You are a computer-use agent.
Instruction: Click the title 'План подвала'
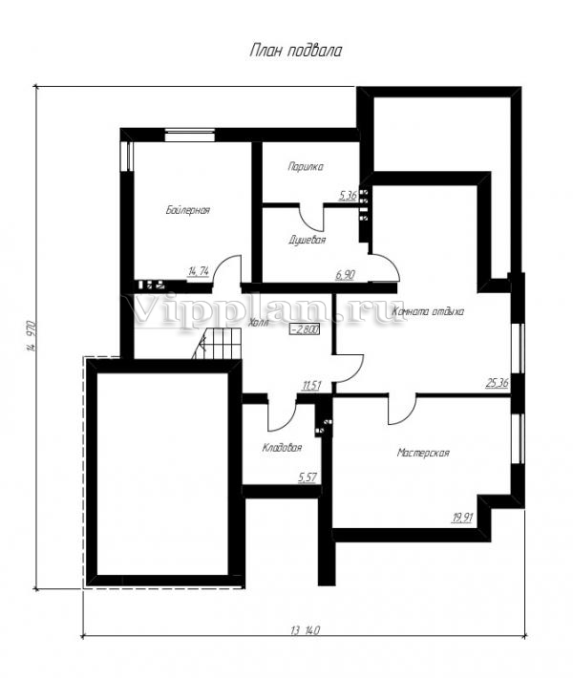296,51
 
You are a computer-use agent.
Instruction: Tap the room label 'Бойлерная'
188,210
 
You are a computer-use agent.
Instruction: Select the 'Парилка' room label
306,167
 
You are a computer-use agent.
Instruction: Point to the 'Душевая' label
308,240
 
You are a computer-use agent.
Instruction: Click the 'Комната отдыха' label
428,311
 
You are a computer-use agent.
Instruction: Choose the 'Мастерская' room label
423,453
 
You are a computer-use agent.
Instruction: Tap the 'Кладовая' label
282,448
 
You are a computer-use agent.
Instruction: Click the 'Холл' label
259,323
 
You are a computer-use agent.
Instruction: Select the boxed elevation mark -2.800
306,329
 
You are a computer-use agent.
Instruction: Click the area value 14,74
199,271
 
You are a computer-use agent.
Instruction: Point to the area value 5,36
348,196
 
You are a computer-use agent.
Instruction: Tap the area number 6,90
345,275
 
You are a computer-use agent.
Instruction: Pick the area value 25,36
498,383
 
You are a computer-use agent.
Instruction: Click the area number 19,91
462,518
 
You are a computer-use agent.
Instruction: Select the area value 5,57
308,477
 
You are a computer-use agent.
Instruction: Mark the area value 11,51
311,385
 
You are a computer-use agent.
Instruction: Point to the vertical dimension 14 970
31,336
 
